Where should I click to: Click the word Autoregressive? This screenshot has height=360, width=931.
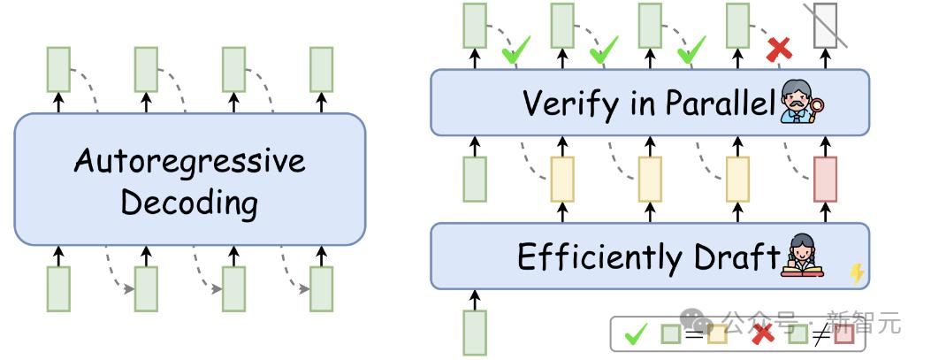pyautogui.click(x=189, y=162)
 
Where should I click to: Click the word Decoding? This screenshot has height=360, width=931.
pyautogui.click(x=189, y=203)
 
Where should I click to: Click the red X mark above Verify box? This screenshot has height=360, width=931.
pyautogui.click(x=779, y=50)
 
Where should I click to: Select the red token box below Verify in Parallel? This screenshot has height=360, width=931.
pyautogui.click(x=824, y=179)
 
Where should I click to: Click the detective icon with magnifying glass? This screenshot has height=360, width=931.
pyautogui.click(x=802, y=104)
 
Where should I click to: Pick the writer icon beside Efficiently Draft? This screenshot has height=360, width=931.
pyautogui.click(x=802, y=257)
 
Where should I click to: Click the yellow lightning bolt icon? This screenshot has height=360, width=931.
pyautogui.click(x=856, y=273)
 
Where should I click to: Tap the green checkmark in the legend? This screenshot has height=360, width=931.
pyautogui.click(x=636, y=334)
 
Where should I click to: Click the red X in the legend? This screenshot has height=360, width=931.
pyautogui.click(x=763, y=334)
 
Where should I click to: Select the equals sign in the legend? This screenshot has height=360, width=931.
pyautogui.click(x=693, y=335)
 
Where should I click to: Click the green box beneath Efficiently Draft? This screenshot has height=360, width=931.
pyautogui.click(x=475, y=332)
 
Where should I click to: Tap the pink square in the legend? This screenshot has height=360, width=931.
pyautogui.click(x=843, y=335)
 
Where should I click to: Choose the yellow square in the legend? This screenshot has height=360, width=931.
pyautogui.click(x=717, y=335)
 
